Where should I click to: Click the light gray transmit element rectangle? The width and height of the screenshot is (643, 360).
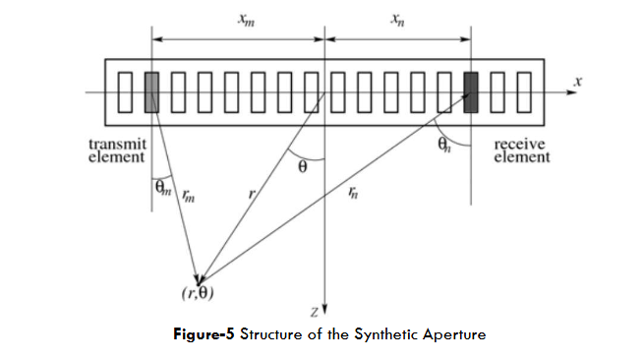point(151,91)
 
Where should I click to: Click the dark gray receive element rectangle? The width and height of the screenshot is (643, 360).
point(471,91)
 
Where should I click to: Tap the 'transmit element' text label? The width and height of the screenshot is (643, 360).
point(118,150)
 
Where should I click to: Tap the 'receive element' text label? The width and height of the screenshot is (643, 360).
point(521,150)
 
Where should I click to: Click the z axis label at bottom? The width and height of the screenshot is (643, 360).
point(313,312)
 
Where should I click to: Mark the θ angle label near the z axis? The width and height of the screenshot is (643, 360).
point(303,168)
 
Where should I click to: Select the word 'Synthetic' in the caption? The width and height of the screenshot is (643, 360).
point(384,334)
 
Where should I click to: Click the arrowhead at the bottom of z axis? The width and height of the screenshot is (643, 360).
point(324,307)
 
